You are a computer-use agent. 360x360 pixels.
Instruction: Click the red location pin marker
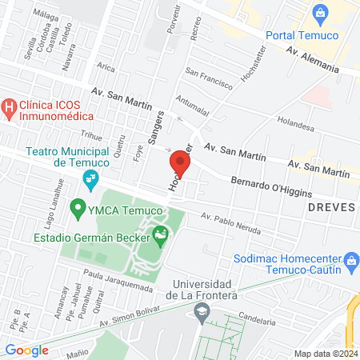pos(179,165)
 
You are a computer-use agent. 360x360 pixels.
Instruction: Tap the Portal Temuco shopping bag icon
pos(321,12)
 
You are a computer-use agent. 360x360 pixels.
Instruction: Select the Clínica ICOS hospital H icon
pos(9,106)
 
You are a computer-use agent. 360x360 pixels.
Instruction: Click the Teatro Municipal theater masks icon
pos(91,178)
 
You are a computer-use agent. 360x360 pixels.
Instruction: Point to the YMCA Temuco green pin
pos(78,210)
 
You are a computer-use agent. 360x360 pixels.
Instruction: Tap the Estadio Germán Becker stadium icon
pos(162,234)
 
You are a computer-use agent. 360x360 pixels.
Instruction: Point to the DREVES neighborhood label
pos(329,206)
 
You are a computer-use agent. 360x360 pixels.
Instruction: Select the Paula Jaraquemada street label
pos(117,282)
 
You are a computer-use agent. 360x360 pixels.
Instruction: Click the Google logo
pos(26,350)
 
